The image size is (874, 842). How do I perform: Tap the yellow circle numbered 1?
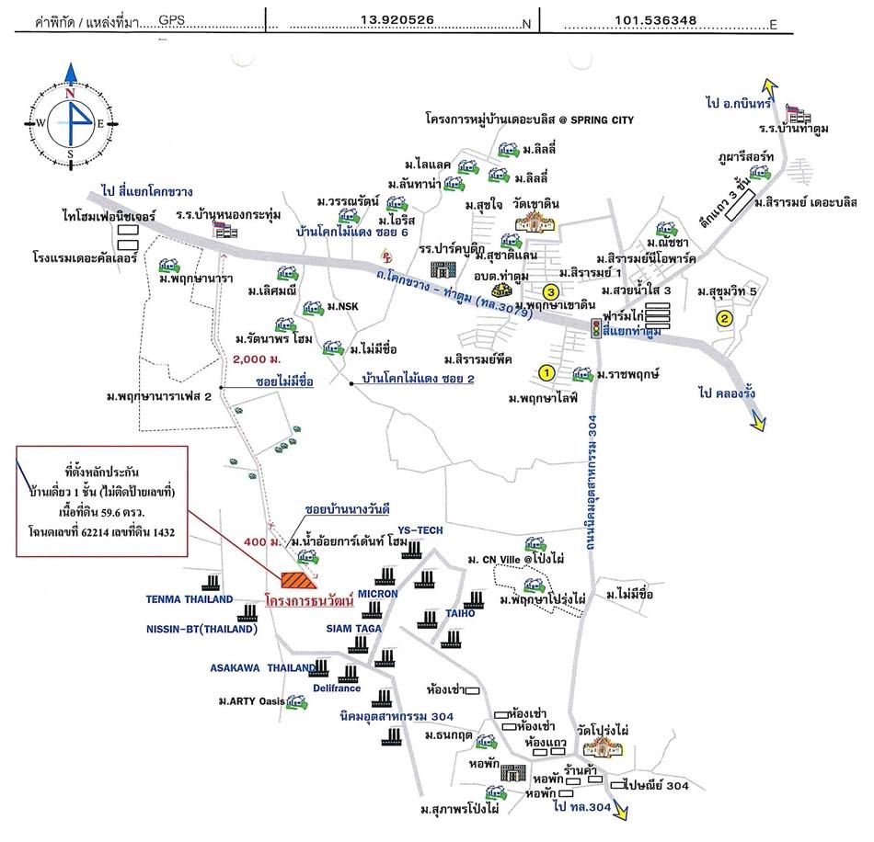[546, 373]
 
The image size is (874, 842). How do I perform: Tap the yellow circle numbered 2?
[725, 319]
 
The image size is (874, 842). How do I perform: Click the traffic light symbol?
[597, 329]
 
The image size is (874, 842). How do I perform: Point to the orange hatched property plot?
[298, 579]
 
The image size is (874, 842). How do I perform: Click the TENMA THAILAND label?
[190, 599]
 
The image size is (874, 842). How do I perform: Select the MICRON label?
[377, 594]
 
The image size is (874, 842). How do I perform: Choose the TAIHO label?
[460, 613]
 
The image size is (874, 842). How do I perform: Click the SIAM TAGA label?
[353, 629]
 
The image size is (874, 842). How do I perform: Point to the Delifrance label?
[335, 687]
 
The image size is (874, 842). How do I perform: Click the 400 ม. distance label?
[263, 543]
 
